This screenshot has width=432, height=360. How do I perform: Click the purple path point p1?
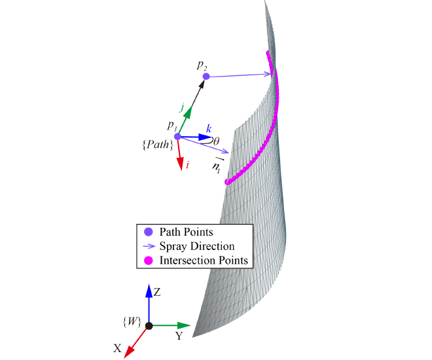point(177,136)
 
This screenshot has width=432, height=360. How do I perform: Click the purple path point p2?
point(206,77)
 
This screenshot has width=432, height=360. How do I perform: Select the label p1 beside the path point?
point(171,125)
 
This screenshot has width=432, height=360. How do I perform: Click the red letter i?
point(188,166)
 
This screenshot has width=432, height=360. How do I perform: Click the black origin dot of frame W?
point(149,325)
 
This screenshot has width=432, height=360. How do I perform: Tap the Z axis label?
point(157,292)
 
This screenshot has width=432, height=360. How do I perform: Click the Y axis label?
point(178,336)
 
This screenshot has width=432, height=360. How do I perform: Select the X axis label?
point(117,348)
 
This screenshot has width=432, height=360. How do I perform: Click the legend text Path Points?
point(187,232)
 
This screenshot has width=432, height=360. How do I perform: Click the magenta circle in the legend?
point(148,260)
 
